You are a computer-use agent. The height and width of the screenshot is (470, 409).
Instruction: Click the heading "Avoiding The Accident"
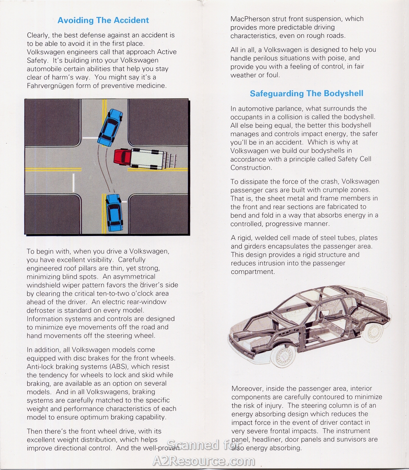(x=103, y=20)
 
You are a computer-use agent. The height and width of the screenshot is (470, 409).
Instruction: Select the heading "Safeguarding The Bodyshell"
(x=306, y=94)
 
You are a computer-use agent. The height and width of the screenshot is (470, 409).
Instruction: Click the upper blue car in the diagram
(x=110, y=127)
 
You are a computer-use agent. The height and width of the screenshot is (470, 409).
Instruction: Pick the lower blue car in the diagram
(x=114, y=212)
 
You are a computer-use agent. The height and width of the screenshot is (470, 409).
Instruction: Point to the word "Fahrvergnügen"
(x=50, y=85)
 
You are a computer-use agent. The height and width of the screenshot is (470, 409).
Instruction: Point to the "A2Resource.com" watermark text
(x=204, y=460)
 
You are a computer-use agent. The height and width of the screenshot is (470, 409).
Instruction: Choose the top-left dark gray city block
(x=52, y=122)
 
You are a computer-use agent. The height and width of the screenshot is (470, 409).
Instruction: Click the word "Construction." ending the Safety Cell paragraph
(x=251, y=168)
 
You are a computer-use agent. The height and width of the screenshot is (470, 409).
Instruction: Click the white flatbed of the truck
(x=148, y=159)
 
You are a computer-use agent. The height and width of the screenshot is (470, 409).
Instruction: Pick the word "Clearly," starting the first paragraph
(x=40, y=35)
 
